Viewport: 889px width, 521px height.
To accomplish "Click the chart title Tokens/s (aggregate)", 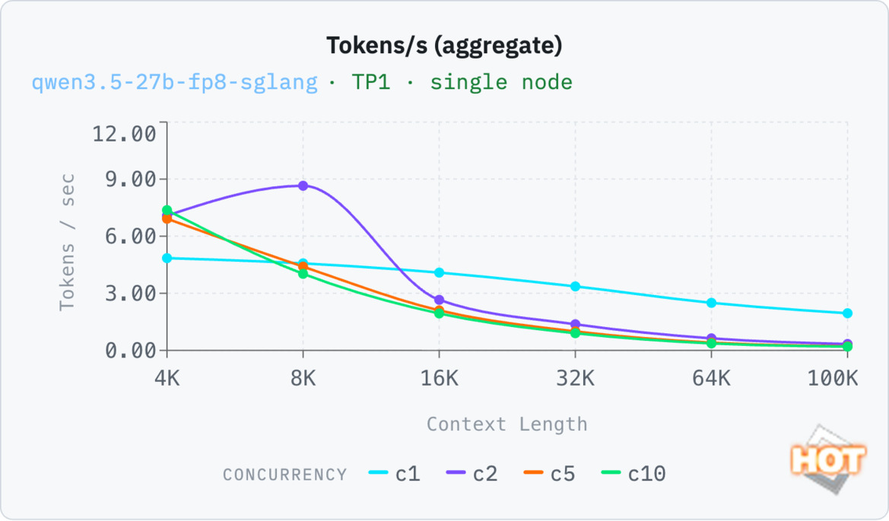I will click(444, 46).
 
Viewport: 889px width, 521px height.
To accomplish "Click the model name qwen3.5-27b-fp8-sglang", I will click(174, 82).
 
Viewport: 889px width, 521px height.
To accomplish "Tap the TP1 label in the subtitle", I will click(370, 82).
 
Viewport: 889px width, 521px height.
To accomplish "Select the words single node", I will click(501, 82).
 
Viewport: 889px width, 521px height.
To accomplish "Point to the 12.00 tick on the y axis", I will click(124, 135).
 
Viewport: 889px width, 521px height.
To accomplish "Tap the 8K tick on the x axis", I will click(303, 377).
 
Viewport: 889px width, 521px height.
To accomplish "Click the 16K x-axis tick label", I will click(439, 377).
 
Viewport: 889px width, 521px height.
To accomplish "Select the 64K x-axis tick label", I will click(711, 377).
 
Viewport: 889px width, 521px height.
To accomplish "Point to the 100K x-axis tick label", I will click(833, 377).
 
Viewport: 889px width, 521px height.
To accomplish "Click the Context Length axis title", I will click(506, 424).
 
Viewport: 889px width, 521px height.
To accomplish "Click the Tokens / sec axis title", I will click(68, 242).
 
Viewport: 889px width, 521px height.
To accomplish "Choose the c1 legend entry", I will click(395, 474).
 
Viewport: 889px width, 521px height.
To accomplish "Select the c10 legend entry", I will click(633, 474).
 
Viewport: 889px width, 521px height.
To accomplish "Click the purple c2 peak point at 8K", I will click(303, 186).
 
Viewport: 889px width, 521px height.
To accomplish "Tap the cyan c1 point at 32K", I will click(575, 287).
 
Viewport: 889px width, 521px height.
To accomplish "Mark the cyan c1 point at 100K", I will click(847, 313).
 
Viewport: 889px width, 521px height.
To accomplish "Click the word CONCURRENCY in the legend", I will click(284, 475).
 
